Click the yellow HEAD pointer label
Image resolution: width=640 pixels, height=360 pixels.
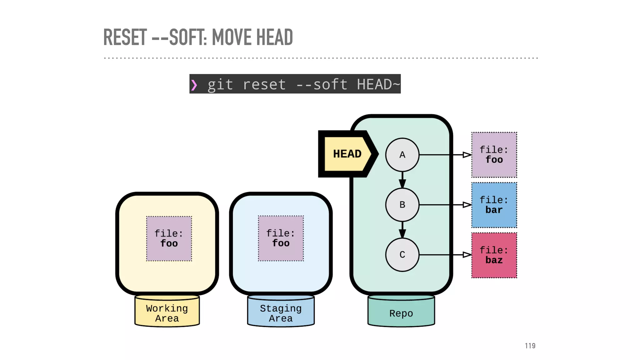tap(347, 154)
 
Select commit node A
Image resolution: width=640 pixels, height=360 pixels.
tap(402, 155)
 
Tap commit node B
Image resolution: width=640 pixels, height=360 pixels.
tap(402, 205)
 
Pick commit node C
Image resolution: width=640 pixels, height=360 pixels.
tap(402, 255)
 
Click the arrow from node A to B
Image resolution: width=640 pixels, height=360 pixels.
tap(402, 180)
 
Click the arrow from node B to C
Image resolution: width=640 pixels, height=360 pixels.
tap(402, 230)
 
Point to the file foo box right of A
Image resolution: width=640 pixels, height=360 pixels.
tap(494, 155)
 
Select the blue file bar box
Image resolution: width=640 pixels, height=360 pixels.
tap(494, 205)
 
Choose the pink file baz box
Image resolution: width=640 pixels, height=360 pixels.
tap(494, 255)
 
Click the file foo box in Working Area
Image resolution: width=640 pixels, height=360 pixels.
tap(169, 238)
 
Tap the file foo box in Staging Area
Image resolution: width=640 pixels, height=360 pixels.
tap(281, 238)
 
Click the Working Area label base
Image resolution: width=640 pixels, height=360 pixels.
tap(167, 312)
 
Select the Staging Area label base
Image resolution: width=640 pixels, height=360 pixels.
tap(281, 312)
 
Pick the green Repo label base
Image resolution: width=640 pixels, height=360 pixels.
tap(401, 312)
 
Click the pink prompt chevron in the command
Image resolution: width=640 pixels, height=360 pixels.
tap(194, 85)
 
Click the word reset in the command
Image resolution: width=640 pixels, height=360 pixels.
tap(264, 84)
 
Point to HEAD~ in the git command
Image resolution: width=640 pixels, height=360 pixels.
tap(378, 84)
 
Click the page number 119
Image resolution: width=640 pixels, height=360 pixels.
tap(530, 346)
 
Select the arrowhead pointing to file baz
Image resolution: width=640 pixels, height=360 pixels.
tap(467, 255)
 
